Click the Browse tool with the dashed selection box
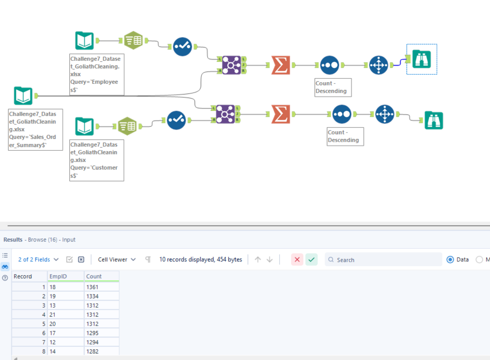coord(421,59)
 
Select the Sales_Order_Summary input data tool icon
coord(23,96)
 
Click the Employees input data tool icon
coord(85,41)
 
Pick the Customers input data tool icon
coord(85,126)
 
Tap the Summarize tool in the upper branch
coord(281,65)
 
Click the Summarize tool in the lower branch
coord(281,114)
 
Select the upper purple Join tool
coord(231,65)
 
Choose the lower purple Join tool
coord(226,114)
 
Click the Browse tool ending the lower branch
coord(434,120)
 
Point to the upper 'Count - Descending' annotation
coord(333,87)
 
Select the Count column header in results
coord(94,276)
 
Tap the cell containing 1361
coord(92,287)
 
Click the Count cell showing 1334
coord(92,296)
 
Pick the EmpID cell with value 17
coord(53,333)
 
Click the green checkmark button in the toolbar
coord(311,259)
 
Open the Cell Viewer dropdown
coord(117,259)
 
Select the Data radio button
coord(450,259)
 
